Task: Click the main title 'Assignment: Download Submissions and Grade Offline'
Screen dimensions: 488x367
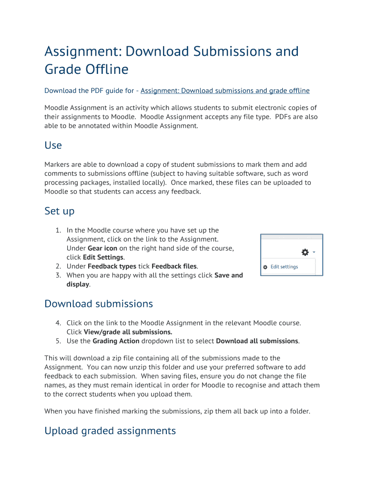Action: pyautogui.click(x=172, y=60)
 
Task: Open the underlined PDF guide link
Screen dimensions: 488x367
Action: pyautogui.click(x=225, y=91)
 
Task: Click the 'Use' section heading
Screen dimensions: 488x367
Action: pyautogui.click(x=53, y=145)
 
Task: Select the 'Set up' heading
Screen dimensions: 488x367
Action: pyautogui.click(x=59, y=211)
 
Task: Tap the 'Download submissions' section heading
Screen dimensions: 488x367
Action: pyautogui.click(x=99, y=304)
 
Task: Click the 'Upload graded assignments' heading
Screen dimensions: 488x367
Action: pyautogui.click(x=110, y=431)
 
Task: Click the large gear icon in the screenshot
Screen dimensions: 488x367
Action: pyautogui.click(x=306, y=252)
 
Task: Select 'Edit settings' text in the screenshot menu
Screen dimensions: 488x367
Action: pyautogui.click(x=284, y=267)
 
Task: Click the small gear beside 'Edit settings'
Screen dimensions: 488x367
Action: pyautogui.click(x=265, y=267)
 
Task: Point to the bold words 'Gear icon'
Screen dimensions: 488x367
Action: pyautogui.click(x=102, y=248)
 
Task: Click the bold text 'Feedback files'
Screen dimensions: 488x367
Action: pyautogui.click(x=174, y=266)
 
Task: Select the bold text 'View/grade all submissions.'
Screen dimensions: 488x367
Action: pyautogui.click(x=128, y=332)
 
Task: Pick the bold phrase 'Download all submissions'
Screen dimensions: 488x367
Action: pyautogui.click(x=257, y=341)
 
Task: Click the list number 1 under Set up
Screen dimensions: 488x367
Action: pyautogui.click(x=58, y=230)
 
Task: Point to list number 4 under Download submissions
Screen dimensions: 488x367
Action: pyautogui.click(x=58, y=323)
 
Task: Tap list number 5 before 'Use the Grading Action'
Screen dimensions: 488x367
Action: pyautogui.click(x=58, y=341)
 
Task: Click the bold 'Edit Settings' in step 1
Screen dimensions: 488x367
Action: pyautogui.click(x=103, y=257)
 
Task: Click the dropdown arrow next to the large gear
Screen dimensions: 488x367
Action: pyautogui.click(x=315, y=252)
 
